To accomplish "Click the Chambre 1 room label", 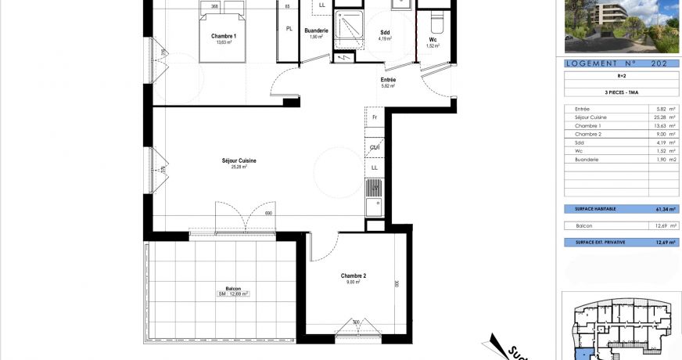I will pos(224,36).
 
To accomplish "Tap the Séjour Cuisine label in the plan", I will pos(239,161).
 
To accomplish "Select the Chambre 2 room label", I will pos(354,275).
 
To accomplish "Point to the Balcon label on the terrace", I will pos(233,289).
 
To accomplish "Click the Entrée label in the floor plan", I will pos(388,80).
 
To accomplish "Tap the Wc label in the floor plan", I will pos(433,40).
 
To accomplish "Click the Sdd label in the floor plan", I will pos(384,32).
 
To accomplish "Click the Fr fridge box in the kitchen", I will pos(375,117).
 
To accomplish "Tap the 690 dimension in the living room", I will pos(267,214).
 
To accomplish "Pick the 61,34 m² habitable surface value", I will pos(662,210).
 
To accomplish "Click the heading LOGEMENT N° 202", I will pos(622,63).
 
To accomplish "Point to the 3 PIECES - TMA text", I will pos(621,91).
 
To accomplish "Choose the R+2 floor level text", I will pos(621,77).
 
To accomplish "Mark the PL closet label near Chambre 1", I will pos(289,29).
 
